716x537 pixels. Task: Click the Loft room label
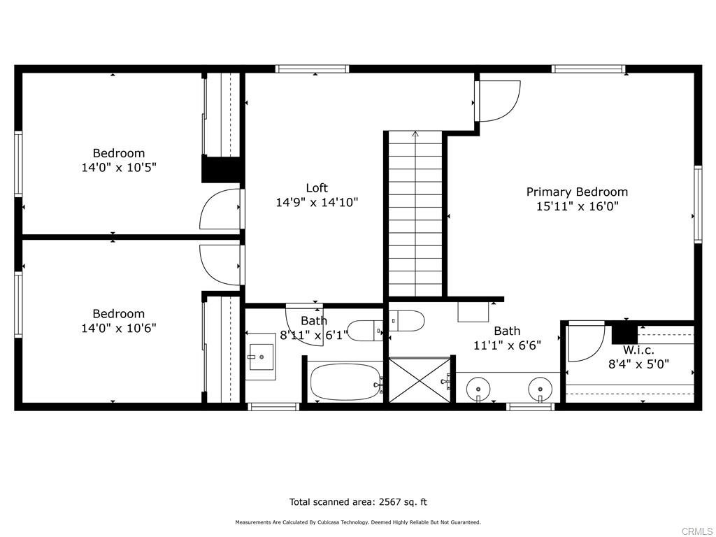point(317,187)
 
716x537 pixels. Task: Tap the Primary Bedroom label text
point(577,192)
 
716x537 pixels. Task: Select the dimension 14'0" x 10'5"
point(119,168)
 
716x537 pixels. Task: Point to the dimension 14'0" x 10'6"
point(119,328)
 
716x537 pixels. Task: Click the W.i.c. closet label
point(638,349)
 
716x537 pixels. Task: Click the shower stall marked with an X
point(420,380)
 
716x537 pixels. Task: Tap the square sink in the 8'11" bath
point(261,357)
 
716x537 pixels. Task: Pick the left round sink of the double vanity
point(478,386)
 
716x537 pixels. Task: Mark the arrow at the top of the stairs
point(415,134)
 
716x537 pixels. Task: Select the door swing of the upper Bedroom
point(221,209)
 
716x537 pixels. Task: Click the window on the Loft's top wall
point(312,69)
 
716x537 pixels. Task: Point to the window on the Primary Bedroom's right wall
point(697,204)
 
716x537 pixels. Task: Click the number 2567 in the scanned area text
point(391,501)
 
